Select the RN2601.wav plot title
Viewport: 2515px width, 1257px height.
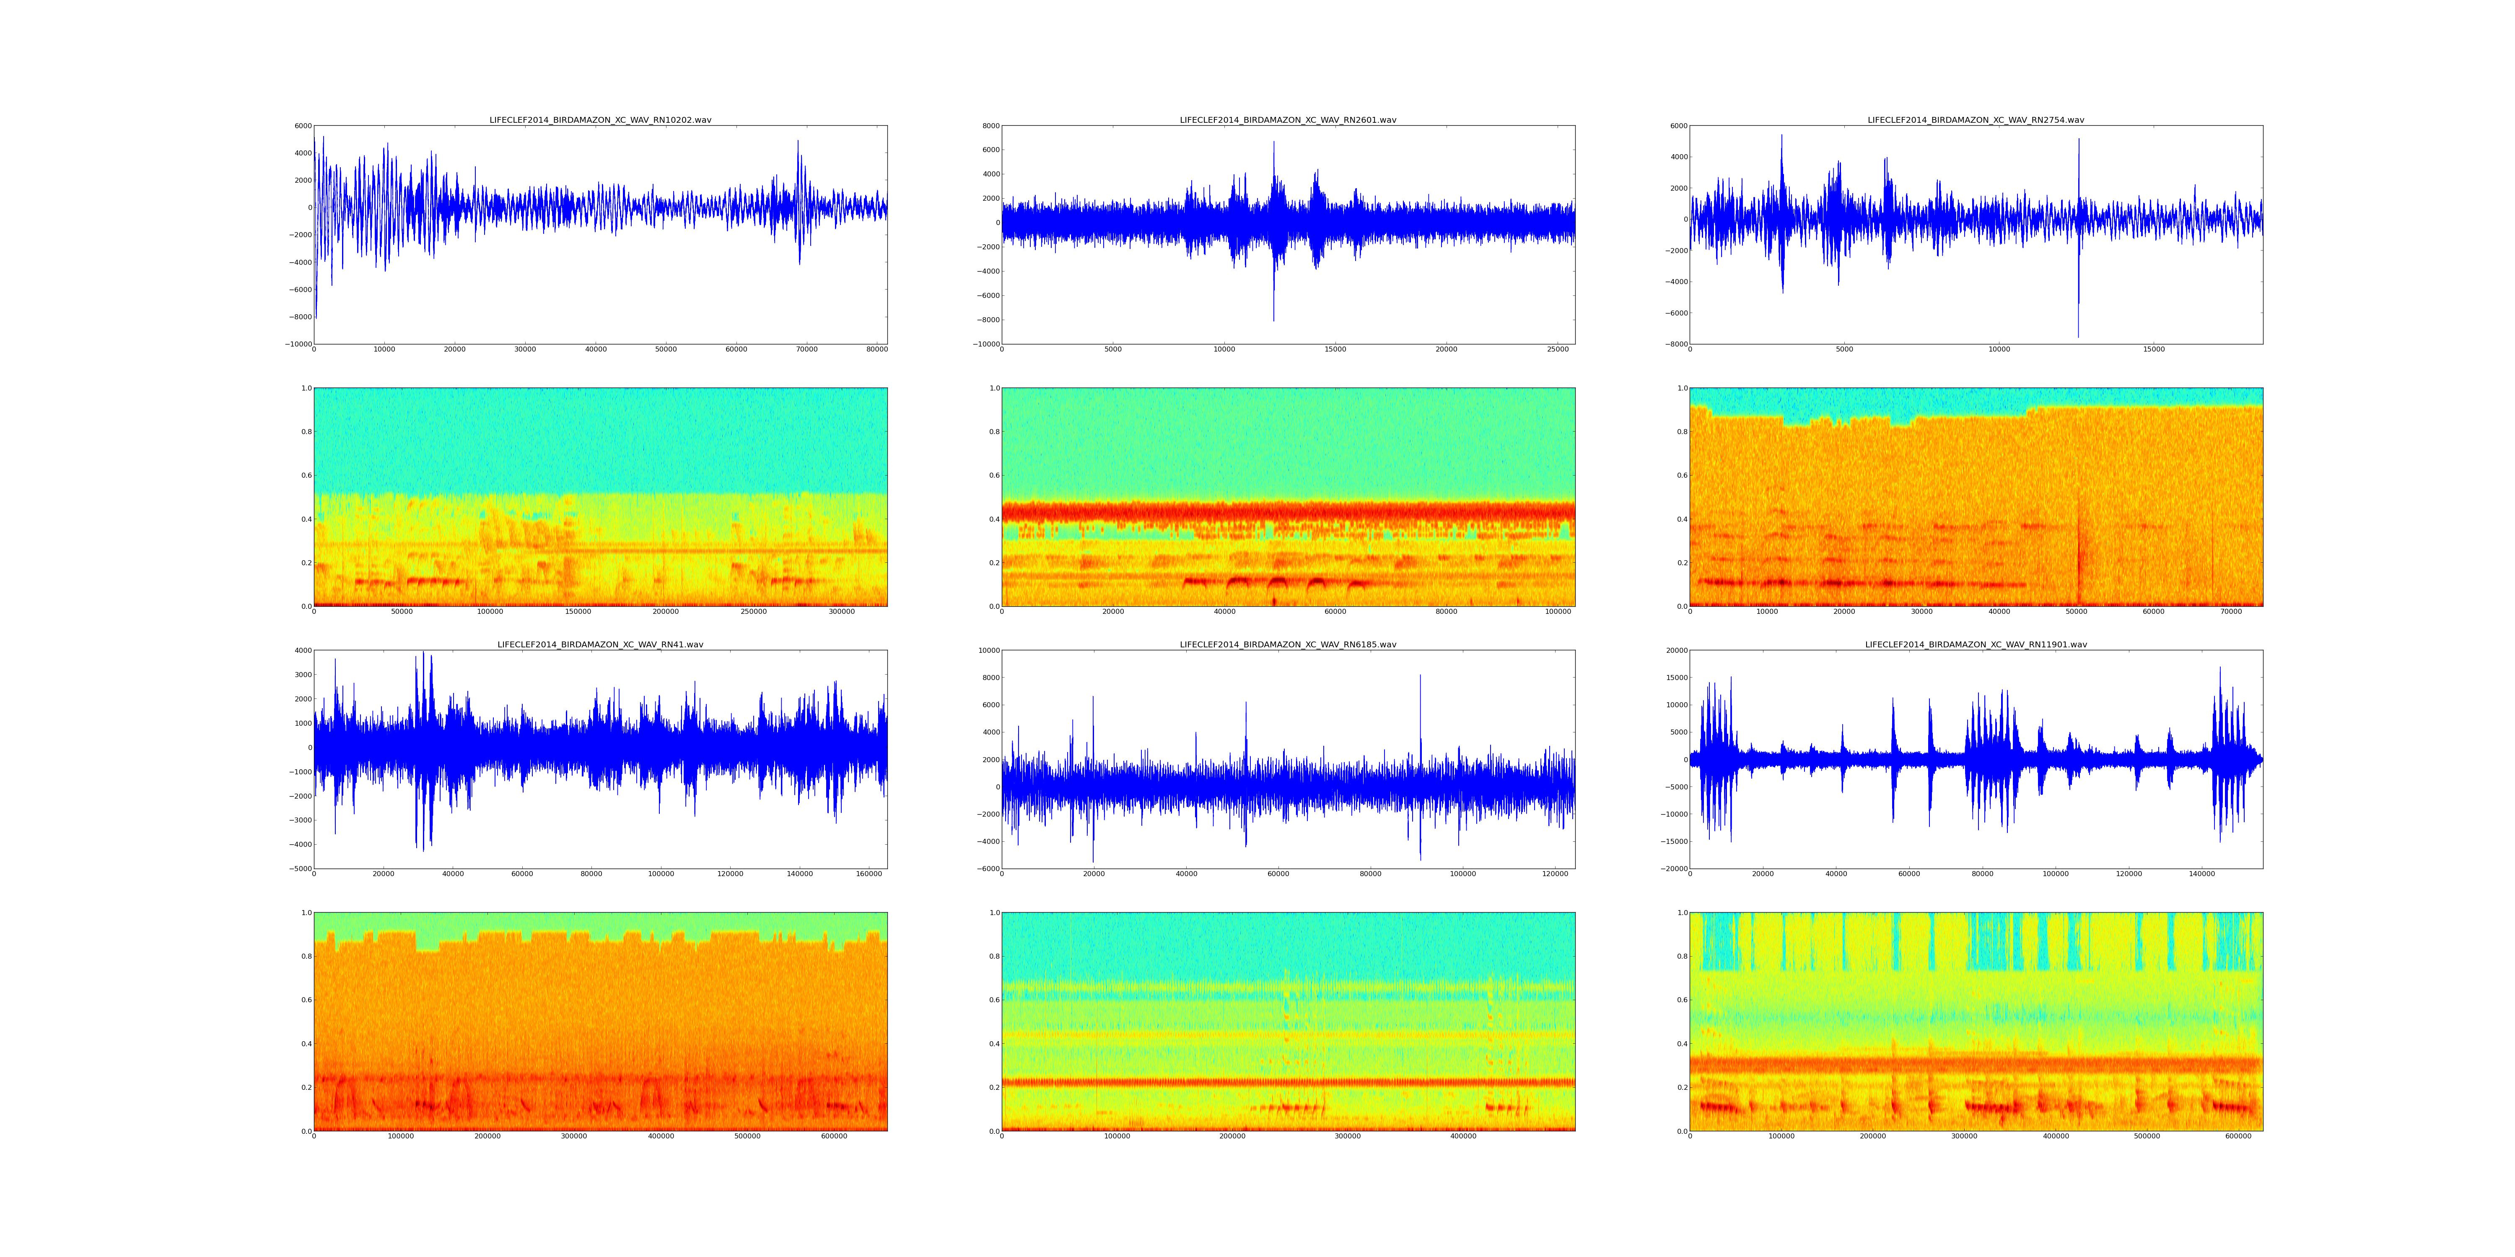1288,120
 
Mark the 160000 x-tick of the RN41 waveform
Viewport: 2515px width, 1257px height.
869,874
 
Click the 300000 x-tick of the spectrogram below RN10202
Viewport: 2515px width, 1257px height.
842,612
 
